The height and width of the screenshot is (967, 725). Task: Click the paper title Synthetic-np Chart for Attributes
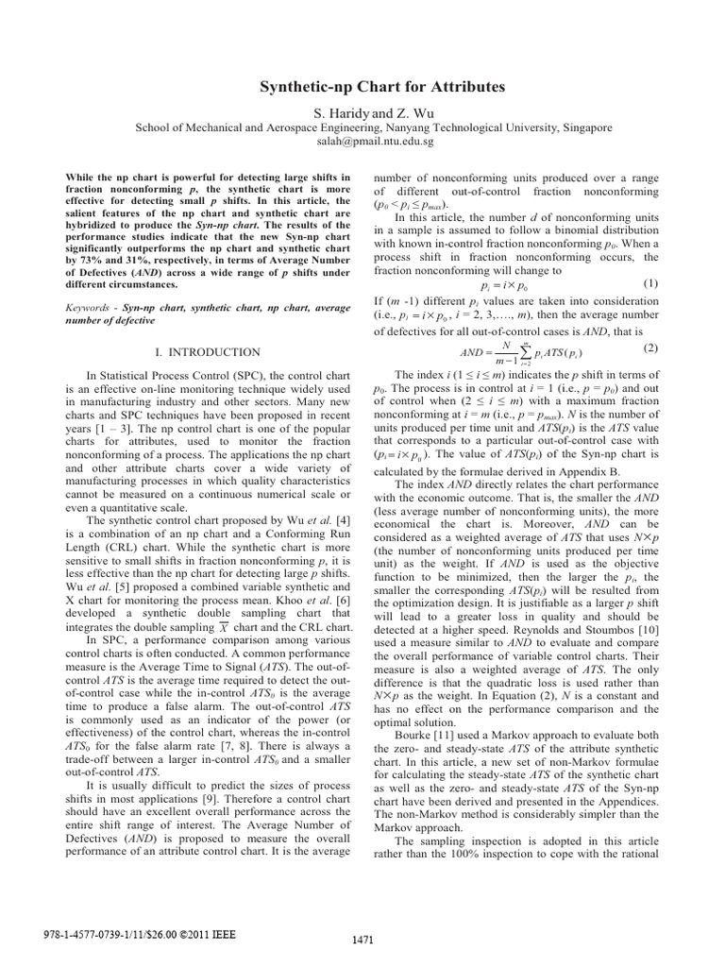[382, 87]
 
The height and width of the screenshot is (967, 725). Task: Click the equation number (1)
[649, 283]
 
